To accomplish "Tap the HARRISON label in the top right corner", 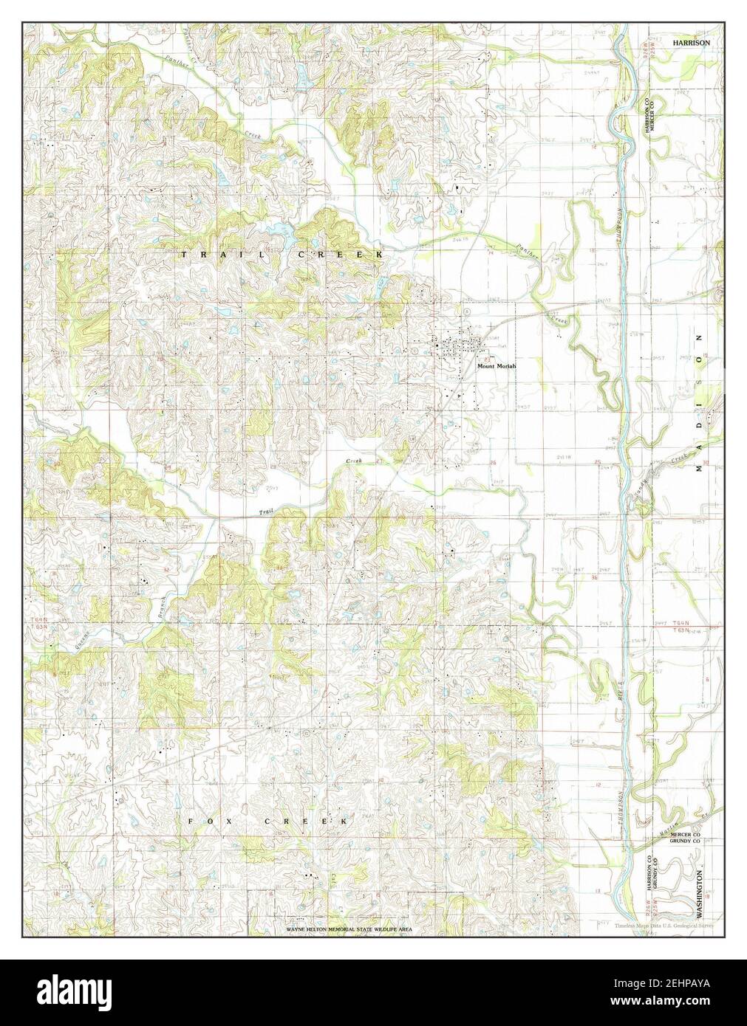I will [691, 44].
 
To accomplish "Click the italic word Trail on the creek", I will [265, 512].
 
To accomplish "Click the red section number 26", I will [493, 462].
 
